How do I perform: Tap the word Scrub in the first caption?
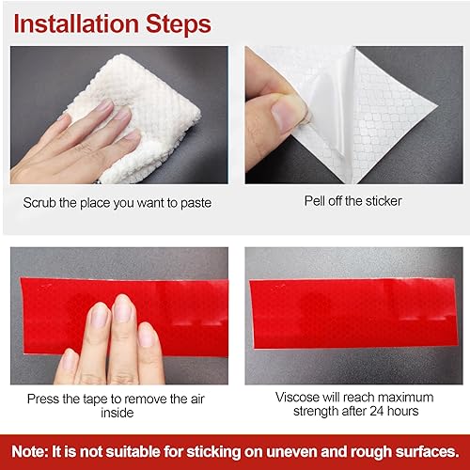click(x=43, y=201)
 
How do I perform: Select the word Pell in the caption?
click(x=315, y=200)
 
